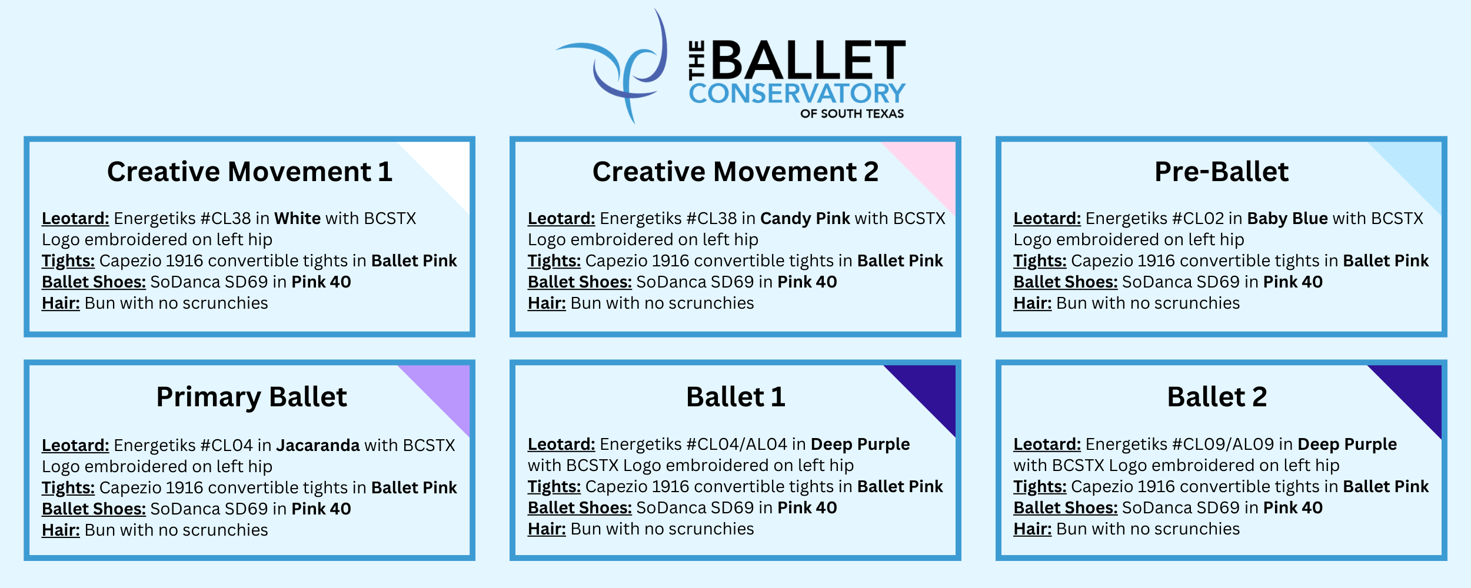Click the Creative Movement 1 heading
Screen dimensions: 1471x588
(x=249, y=172)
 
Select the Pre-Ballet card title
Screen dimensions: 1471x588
(x=1222, y=172)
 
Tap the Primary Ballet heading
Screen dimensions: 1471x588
(x=251, y=397)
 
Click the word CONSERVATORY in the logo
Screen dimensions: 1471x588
(x=797, y=93)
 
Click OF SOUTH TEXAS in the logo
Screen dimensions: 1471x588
(x=852, y=114)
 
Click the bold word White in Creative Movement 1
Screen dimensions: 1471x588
(x=298, y=219)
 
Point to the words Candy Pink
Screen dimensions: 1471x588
(x=805, y=219)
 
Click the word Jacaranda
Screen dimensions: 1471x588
(x=318, y=446)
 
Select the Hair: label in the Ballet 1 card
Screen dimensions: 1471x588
(x=547, y=529)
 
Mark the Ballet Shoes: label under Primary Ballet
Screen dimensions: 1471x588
(x=94, y=509)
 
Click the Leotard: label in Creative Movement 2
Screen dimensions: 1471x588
(x=561, y=219)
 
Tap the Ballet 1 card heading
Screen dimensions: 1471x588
(x=735, y=397)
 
